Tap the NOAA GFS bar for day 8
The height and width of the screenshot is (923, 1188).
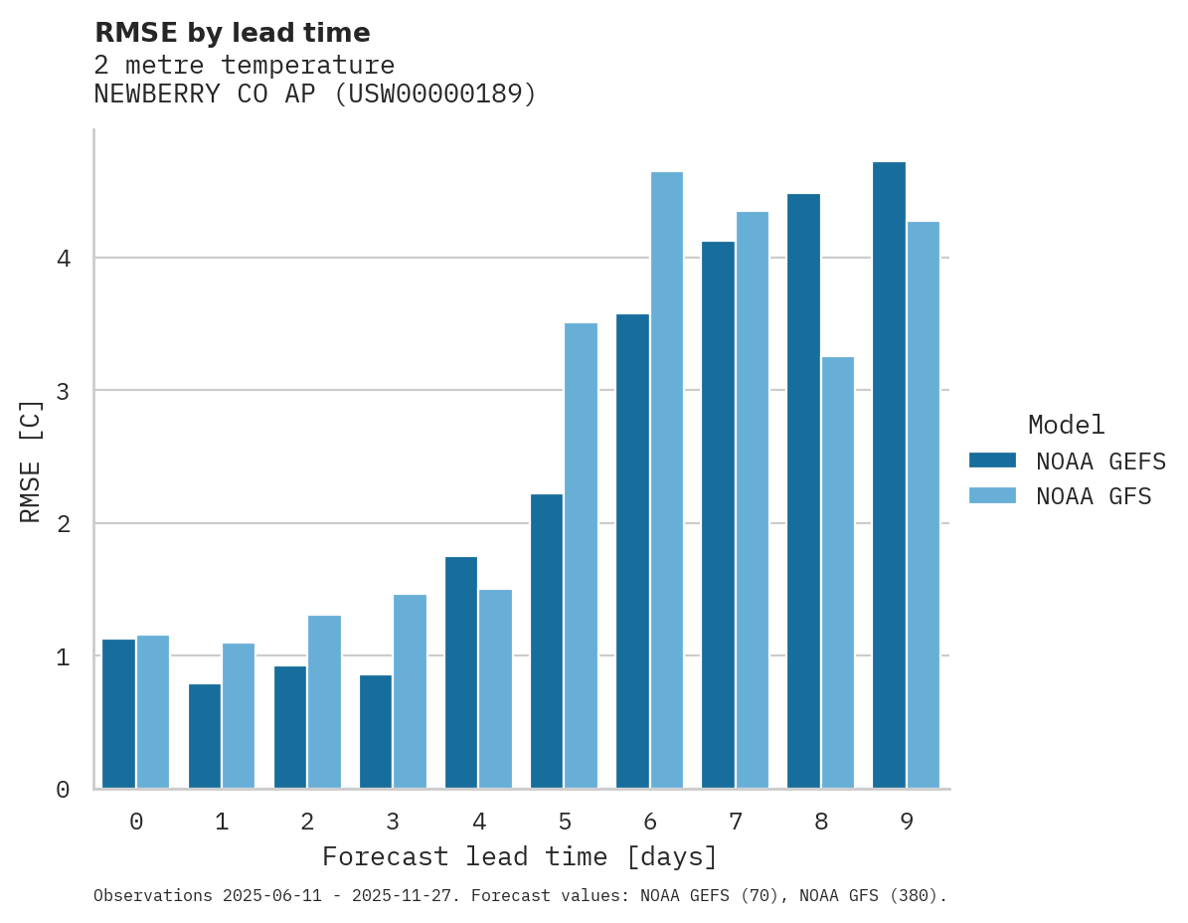pyautogui.click(x=837, y=573)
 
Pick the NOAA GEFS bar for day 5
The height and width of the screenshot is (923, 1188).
pyautogui.click(x=547, y=642)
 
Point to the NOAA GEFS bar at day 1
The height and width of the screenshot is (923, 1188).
pyautogui.click(x=205, y=736)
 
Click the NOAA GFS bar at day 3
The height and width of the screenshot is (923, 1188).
pyautogui.click(x=410, y=691)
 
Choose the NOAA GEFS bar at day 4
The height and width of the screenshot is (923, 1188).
pyautogui.click(x=461, y=672)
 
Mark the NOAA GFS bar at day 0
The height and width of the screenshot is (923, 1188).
pyautogui.click(x=153, y=712)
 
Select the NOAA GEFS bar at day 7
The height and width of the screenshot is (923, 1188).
pyautogui.click(x=718, y=515)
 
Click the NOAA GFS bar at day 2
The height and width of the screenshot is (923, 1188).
pyautogui.click(x=324, y=702)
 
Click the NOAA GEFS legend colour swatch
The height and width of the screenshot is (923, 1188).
pyautogui.click(x=992, y=461)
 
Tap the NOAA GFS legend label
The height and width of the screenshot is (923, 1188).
pyautogui.click(x=1094, y=496)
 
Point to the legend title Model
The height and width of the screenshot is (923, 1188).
pyautogui.click(x=1067, y=425)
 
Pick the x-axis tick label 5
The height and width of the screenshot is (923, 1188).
pyautogui.click(x=565, y=823)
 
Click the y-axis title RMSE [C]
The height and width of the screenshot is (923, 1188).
pyautogui.click(x=31, y=461)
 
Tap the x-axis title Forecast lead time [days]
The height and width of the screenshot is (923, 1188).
pyautogui.click(x=520, y=857)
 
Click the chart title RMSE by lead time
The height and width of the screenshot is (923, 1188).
pyautogui.click(x=233, y=33)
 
